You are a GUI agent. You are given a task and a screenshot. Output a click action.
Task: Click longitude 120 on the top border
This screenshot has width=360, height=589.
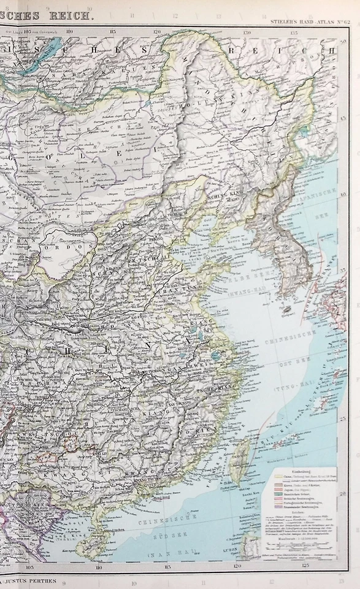[157, 30]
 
